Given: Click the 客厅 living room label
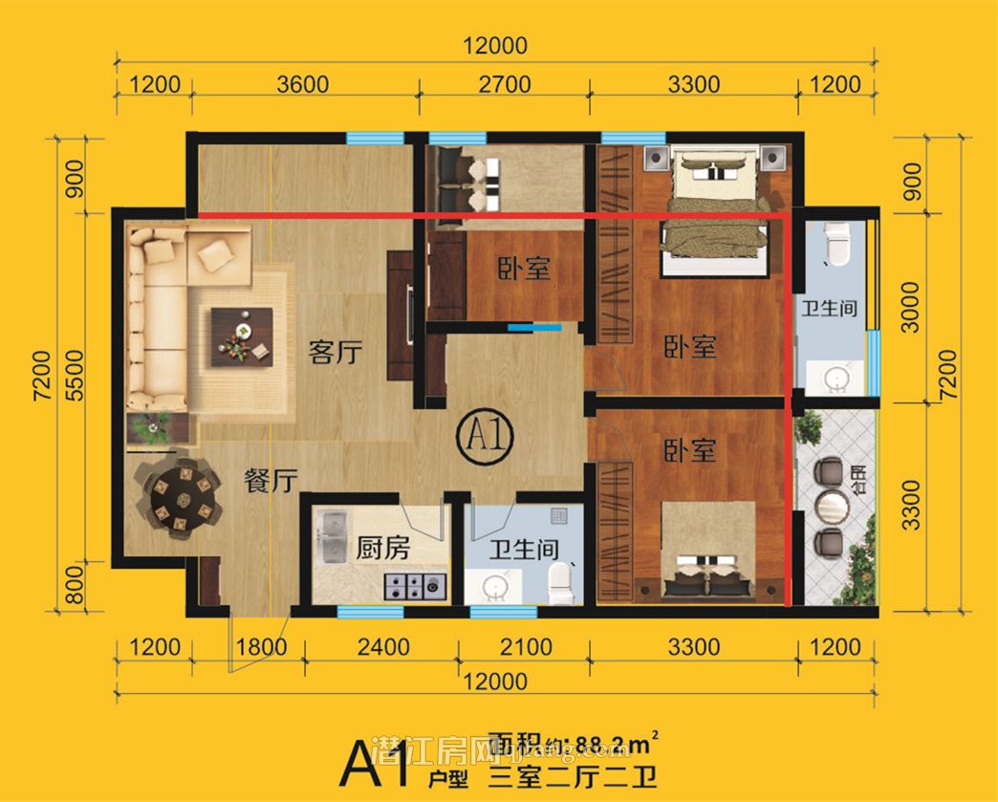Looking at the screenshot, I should tap(336, 352).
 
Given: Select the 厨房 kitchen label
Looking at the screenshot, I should tap(382, 548).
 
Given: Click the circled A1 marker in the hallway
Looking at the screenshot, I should tap(488, 438).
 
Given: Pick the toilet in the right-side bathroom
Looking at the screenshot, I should tap(836, 243).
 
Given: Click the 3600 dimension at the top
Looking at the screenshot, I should tap(304, 84).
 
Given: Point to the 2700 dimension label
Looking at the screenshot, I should tap(504, 84).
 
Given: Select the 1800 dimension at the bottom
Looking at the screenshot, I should tap(261, 647).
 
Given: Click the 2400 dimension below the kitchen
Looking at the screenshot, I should tap(382, 647).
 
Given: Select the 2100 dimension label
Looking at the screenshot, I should tap(527, 647).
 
